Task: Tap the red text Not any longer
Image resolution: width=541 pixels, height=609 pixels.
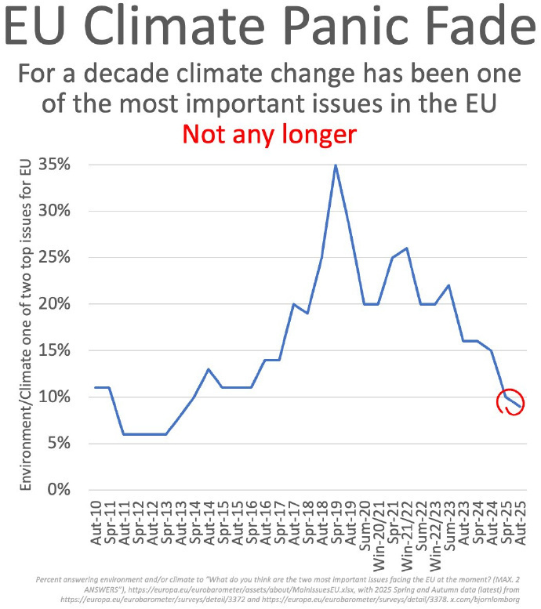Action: point(269,133)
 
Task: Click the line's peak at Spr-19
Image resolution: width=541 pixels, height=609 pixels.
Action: point(336,165)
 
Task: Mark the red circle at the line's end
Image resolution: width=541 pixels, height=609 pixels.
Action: point(510,401)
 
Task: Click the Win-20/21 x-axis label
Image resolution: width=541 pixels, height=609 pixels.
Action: point(378,528)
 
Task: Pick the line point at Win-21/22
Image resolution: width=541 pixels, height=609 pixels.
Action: point(406,248)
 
